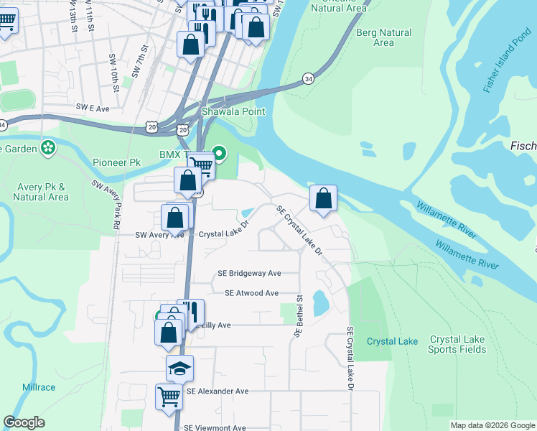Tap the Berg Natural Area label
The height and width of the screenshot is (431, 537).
pyautogui.click(x=384, y=37)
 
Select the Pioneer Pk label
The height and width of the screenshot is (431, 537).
pyautogui.click(x=116, y=162)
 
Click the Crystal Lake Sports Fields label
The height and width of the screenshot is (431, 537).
pyautogui.click(x=457, y=344)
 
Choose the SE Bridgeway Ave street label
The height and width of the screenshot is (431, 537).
pyautogui.click(x=249, y=273)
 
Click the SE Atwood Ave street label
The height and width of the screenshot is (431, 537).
pyautogui.click(x=251, y=293)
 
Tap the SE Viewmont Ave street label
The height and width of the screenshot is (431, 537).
pyautogui.click(x=215, y=427)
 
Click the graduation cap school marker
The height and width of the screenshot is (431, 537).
pyautogui.click(x=179, y=368)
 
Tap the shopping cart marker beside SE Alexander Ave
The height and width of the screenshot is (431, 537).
pyautogui.click(x=169, y=394)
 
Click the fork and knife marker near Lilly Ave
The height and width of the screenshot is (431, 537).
pyautogui.click(x=190, y=311)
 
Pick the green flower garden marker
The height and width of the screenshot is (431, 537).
pyautogui.click(x=48, y=148)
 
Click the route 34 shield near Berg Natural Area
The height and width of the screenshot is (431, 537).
pyautogui.click(x=308, y=78)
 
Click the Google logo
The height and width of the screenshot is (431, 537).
pyautogui.click(x=24, y=422)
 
